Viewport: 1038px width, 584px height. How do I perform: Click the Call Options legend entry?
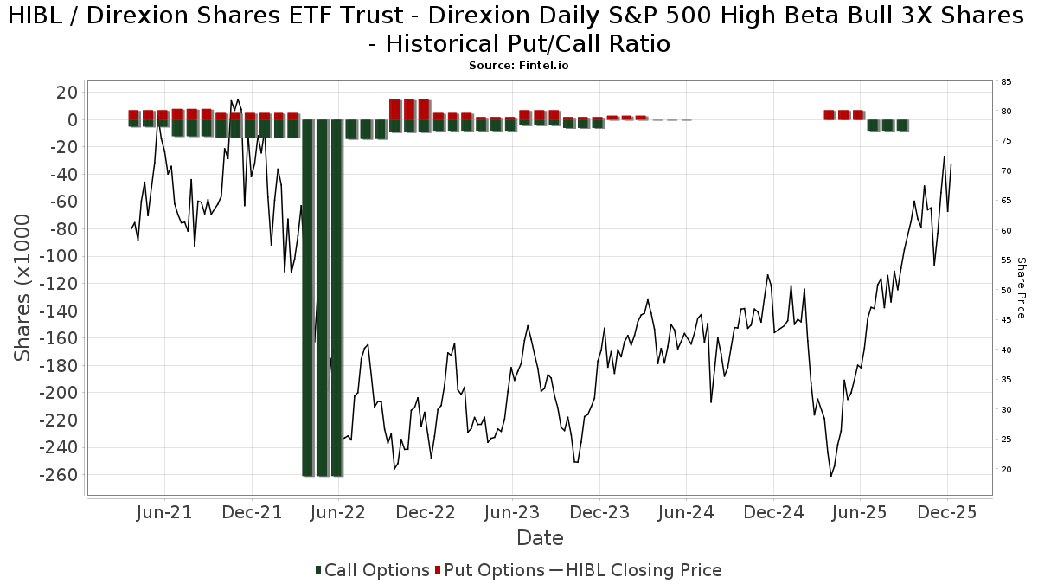[372, 570]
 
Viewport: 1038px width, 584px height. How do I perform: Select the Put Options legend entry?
[490, 570]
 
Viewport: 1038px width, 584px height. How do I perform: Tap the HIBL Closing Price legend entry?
[636, 570]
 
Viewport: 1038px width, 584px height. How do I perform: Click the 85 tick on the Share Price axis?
[1006, 82]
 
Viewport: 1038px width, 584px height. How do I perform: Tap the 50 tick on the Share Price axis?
[1006, 291]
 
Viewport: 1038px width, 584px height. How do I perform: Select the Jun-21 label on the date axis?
[164, 512]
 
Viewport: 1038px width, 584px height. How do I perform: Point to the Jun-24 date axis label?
[686, 512]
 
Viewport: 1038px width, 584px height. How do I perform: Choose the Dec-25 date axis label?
[947, 512]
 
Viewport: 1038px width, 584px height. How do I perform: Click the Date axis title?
[540, 538]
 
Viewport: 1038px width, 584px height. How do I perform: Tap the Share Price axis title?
[1021, 287]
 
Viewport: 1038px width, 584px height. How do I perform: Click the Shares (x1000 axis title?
[23, 287]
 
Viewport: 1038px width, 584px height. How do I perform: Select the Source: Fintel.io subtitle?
[519, 66]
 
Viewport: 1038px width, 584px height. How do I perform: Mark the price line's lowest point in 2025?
[831, 476]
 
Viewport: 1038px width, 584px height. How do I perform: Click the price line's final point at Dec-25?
[951, 164]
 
